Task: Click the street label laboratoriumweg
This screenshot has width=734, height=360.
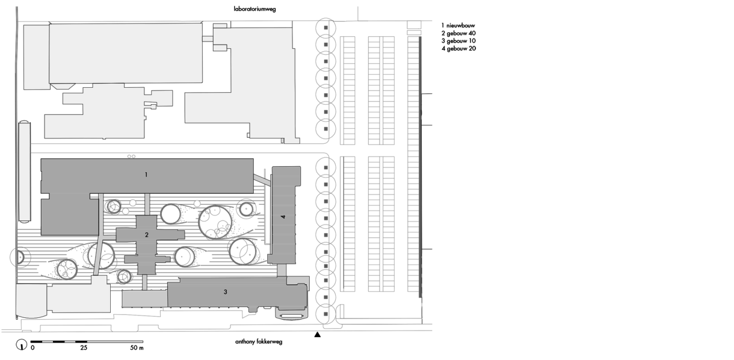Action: pos(254,9)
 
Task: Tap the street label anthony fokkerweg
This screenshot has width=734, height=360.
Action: pos(259,342)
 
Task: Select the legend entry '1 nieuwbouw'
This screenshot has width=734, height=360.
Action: pos(458,25)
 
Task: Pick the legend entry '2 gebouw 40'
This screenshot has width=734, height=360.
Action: pos(458,33)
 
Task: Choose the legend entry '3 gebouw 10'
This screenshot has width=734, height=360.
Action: pos(458,41)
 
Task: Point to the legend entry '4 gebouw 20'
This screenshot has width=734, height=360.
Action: pos(458,49)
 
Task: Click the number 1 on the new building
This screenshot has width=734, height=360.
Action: pos(146,175)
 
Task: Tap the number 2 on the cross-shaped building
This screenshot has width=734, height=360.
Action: pos(146,235)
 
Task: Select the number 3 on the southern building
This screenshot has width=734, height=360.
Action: pos(226,292)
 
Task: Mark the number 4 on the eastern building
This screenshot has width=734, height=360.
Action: pos(283,217)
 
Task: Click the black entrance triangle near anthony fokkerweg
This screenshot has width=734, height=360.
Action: pos(317,335)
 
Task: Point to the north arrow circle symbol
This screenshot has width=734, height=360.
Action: pos(21,344)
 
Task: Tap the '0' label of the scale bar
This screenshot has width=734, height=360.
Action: pos(32,347)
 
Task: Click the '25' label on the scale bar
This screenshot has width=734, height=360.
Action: pos(84,347)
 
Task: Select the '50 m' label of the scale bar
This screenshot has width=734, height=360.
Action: pos(137,347)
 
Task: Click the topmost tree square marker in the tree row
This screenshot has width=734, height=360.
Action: pos(325,28)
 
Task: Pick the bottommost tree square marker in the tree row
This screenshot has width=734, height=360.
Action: pos(325,314)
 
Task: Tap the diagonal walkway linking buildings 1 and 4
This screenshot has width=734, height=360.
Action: pos(262,180)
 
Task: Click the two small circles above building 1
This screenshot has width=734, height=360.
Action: pos(131,157)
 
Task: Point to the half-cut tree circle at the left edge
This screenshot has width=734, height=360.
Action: pos(20,257)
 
